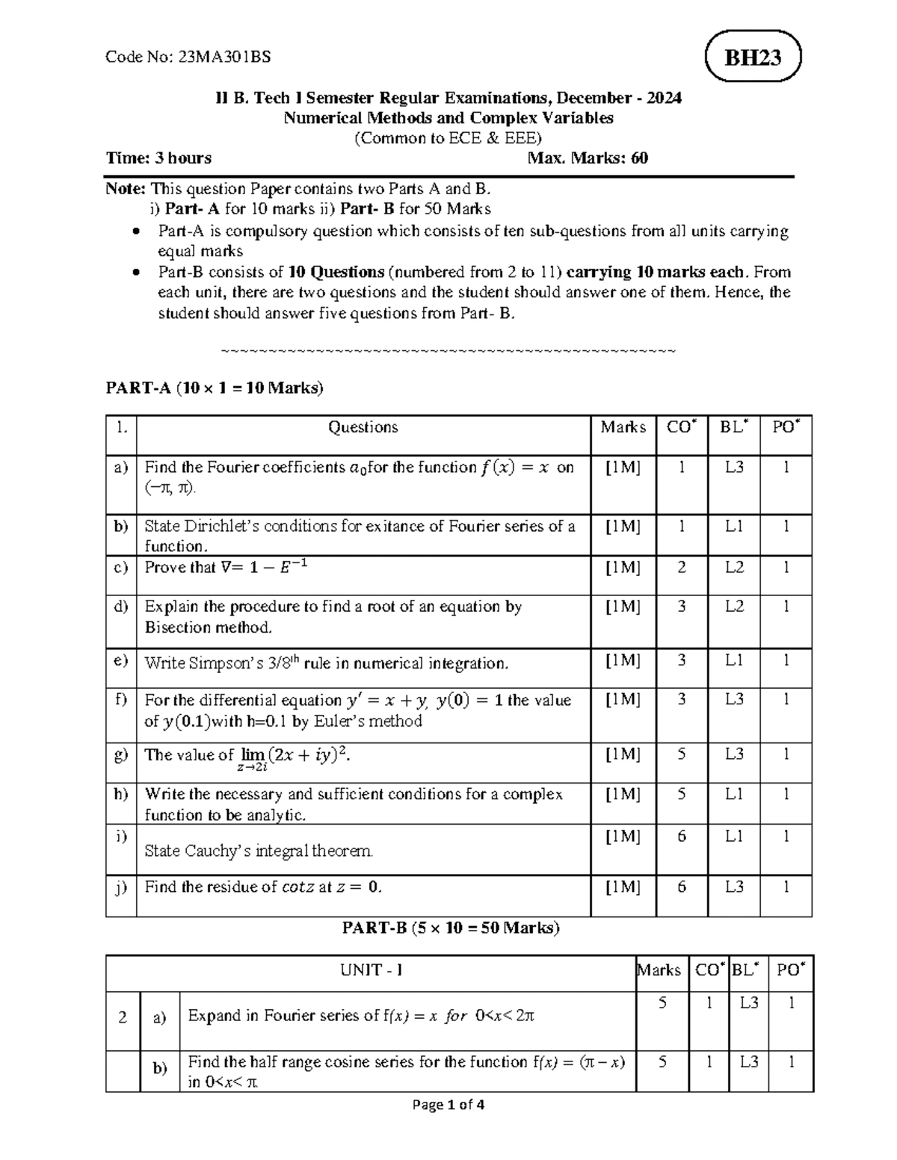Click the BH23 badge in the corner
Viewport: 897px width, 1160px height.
[x=753, y=57]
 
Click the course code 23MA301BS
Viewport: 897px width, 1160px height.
[x=224, y=57]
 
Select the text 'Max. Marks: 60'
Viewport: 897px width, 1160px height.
[x=588, y=158]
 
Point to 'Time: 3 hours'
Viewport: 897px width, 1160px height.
[x=158, y=158]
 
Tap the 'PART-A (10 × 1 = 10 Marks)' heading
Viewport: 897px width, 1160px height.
[x=215, y=388]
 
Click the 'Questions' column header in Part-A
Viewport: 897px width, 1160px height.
[x=363, y=427]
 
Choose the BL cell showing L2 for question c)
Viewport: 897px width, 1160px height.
[x=734, y=568]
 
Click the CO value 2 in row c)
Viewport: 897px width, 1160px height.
[x=681, y=568]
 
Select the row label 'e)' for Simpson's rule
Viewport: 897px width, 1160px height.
[x=121, y=661]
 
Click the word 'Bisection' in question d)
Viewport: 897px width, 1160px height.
[x=174, y=627]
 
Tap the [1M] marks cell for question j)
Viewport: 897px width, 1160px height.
[x=623, y=887]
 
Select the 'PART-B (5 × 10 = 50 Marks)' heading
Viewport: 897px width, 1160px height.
[x=451, y=928]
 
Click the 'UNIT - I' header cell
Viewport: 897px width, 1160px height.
[x=372, y=970]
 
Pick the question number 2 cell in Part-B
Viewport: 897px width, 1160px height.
[x=122, y=1017]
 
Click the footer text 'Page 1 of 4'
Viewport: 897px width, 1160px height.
[x=449, y=1105]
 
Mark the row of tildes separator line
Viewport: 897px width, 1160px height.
[x=449, y=350]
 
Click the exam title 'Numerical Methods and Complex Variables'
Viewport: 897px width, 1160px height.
[x=449, y=118]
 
